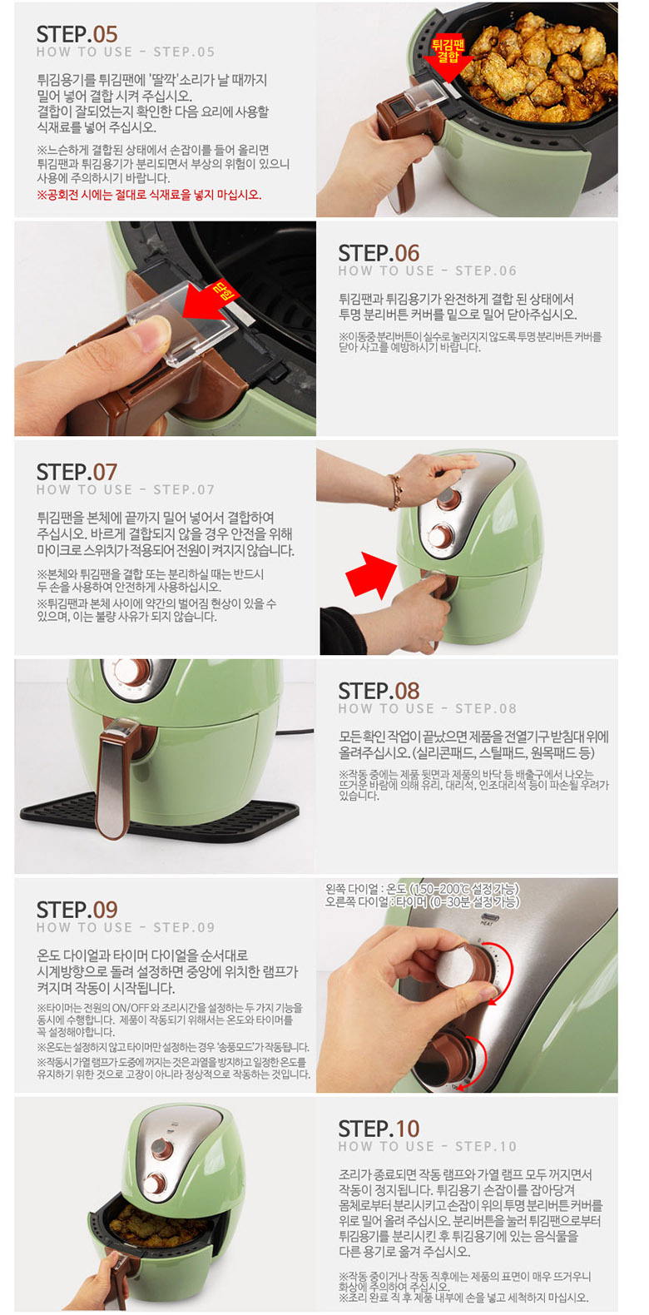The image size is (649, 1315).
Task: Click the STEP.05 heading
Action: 77,34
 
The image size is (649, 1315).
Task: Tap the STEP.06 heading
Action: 379,253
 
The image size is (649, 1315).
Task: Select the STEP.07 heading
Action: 77,472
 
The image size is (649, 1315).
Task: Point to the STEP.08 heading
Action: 379,691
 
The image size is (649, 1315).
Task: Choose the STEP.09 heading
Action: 77,910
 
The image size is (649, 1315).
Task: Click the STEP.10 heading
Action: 379,1129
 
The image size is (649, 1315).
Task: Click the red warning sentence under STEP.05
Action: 149,195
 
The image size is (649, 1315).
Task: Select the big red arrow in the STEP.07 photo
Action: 370,574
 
